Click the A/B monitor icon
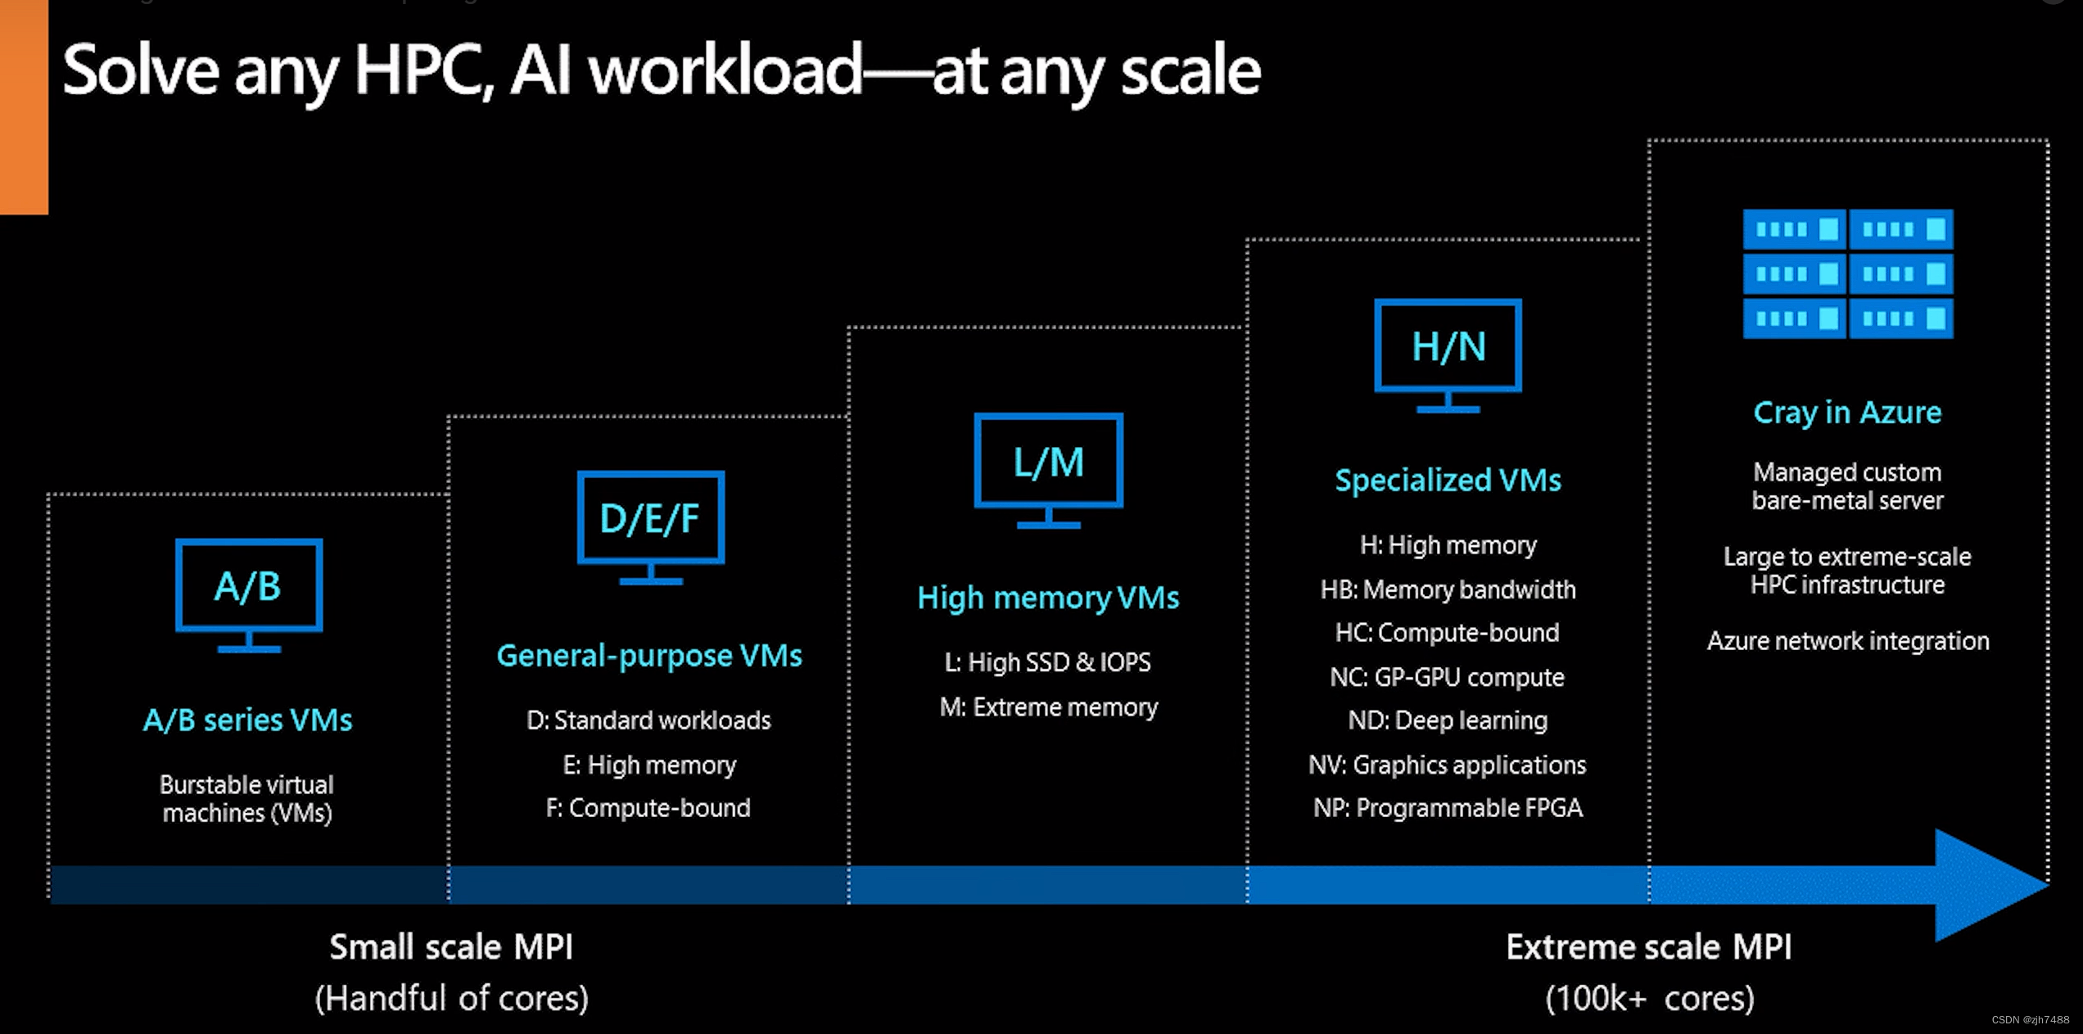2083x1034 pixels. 249,593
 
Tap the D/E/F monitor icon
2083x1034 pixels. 651,525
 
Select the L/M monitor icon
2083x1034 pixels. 1048,468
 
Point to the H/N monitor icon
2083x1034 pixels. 1448,354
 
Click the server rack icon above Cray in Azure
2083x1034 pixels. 1847,273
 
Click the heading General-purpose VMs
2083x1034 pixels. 649,656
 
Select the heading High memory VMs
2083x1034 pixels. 1048,598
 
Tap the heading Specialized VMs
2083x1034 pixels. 1448,480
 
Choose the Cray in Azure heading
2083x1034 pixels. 1847,413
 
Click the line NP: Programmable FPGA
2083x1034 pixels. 1448,808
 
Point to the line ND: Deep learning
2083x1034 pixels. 1448,720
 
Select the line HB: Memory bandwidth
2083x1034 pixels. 1448,589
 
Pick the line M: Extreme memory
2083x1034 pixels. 1048,707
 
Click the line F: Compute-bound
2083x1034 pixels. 648,808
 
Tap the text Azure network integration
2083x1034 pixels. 1847,641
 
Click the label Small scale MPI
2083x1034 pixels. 451,947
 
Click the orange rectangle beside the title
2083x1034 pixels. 24,106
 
